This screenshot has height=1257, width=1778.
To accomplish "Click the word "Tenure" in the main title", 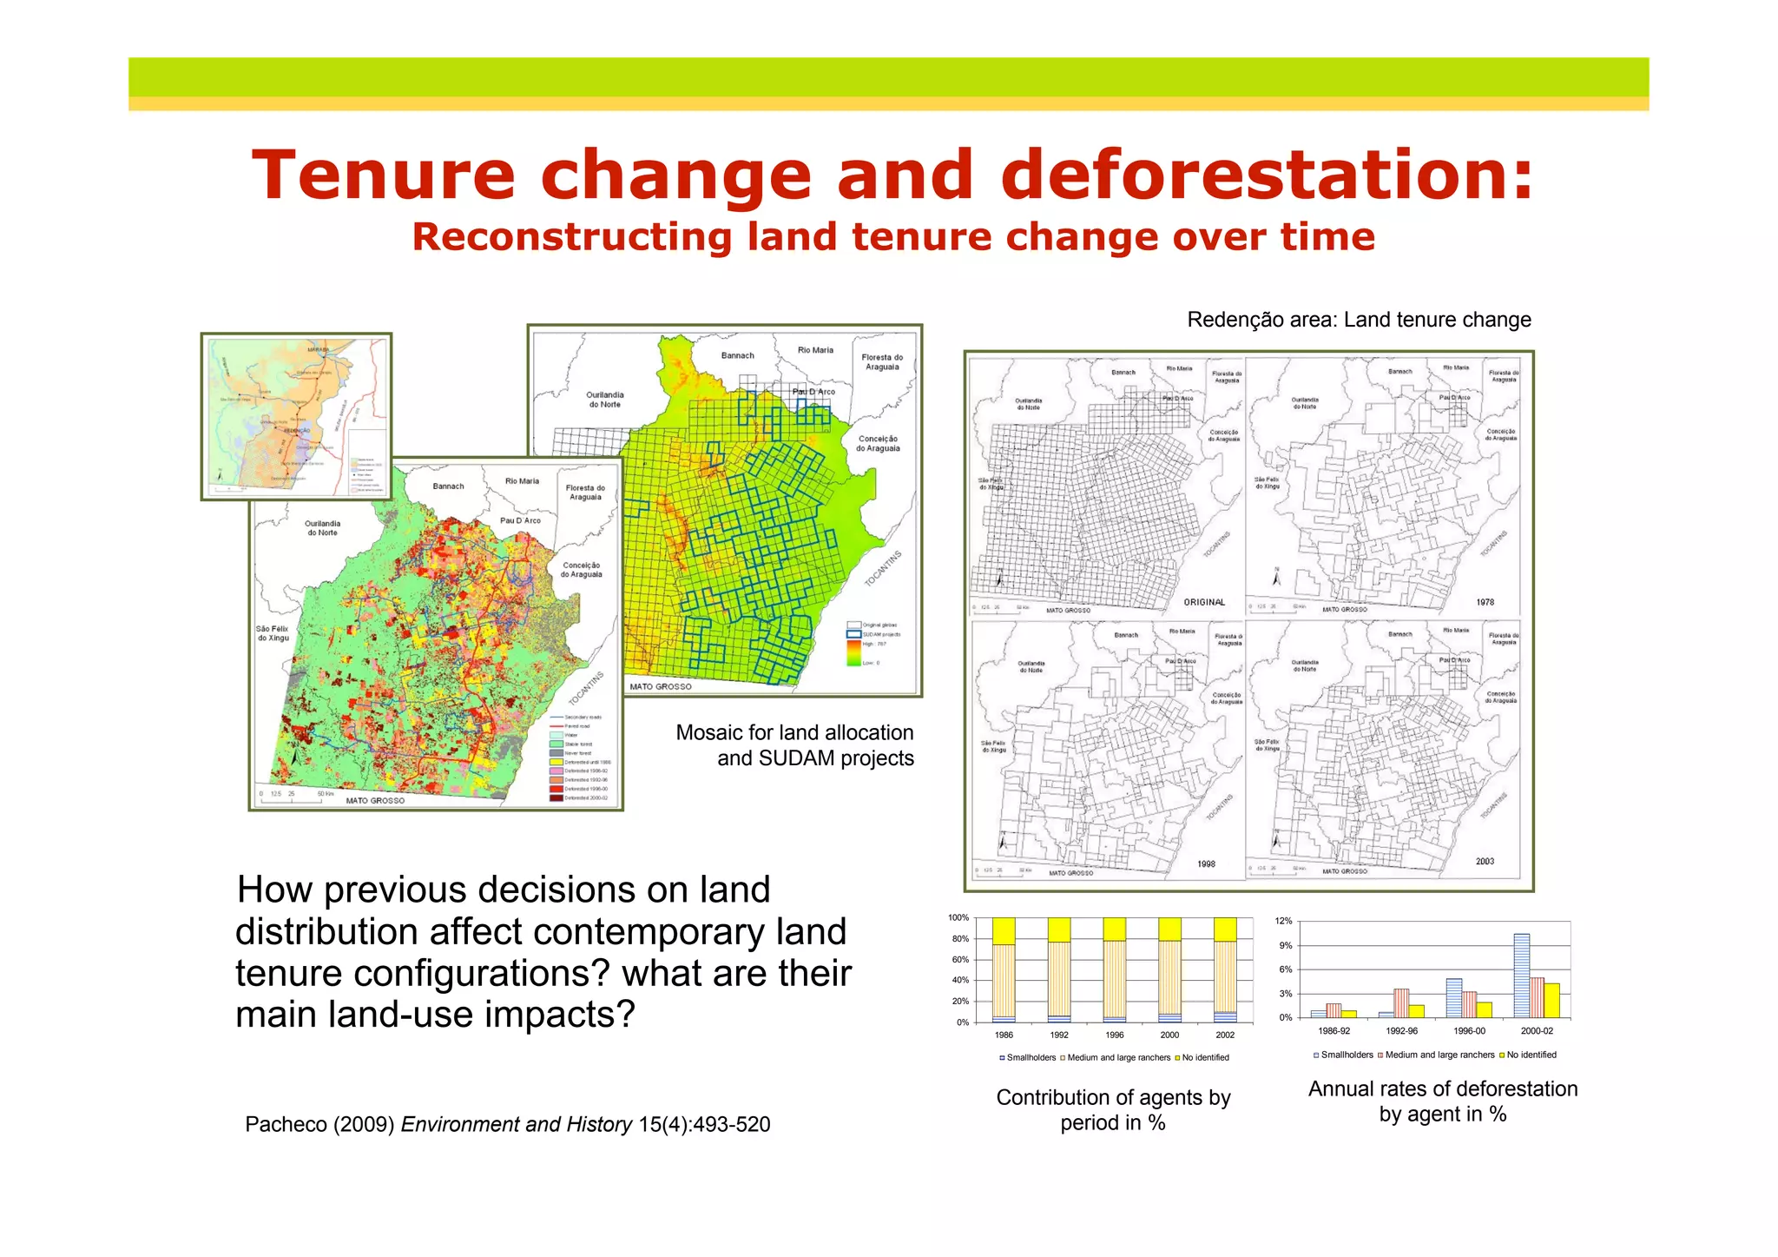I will (383, 175).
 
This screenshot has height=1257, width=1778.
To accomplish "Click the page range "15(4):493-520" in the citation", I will (704, 1124).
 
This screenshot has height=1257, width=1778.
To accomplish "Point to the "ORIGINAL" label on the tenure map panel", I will (1204, 602).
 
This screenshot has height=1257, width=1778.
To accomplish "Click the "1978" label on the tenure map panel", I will (1485, 602).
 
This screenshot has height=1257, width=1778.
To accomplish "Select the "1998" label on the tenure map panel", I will (1206, 864).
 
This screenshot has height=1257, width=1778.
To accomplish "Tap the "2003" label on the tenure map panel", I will (1485, 862).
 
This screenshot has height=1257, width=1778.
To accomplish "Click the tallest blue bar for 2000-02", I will (1521, 976).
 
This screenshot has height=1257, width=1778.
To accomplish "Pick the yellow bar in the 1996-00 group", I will (1485, 1009).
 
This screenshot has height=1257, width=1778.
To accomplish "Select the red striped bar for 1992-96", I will (1401, 1003).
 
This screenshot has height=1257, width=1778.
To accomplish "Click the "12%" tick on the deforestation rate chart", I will (1283, 921).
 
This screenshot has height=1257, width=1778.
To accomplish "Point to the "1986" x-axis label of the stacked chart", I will (1004, 1035).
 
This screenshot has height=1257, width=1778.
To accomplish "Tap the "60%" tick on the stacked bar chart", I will (959, 960).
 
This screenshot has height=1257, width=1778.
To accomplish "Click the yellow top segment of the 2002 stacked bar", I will (1225, 930).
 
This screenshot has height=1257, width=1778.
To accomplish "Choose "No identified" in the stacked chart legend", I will (1205, 1057).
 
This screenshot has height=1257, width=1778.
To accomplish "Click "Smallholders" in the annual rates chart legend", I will (1347, 1055).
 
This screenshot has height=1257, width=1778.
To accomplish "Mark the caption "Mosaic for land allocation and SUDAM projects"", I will (795, 745).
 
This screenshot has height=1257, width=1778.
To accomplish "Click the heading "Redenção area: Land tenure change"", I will (1359, 320).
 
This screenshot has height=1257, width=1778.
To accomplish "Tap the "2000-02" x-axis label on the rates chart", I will (1537, 1031).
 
